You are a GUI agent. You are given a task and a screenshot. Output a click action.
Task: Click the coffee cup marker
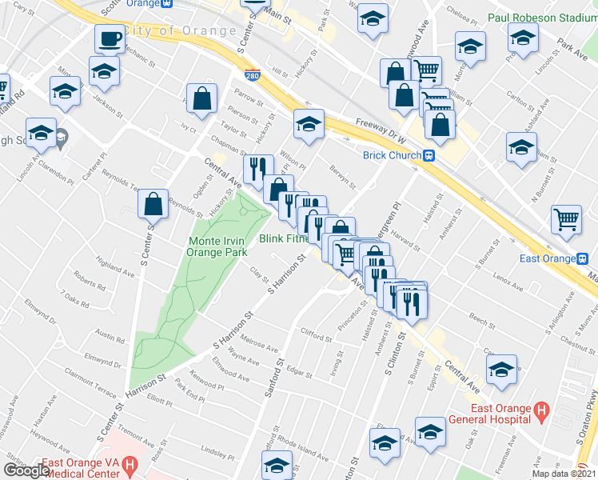110,38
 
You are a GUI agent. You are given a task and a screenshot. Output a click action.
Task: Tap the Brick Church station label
391,155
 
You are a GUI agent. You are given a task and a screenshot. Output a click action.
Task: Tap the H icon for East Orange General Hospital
541,413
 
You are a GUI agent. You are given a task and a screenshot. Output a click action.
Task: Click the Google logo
26,470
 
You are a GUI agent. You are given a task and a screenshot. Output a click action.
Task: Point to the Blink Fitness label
283,238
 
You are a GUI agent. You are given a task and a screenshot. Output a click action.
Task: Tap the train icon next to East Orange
584,258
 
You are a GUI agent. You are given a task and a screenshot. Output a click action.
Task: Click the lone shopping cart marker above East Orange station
567,218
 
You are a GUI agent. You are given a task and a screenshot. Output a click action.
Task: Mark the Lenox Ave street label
508,282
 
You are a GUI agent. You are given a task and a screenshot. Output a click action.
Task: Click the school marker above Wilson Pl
309,123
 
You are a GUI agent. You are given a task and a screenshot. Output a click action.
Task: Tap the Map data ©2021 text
564,474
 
